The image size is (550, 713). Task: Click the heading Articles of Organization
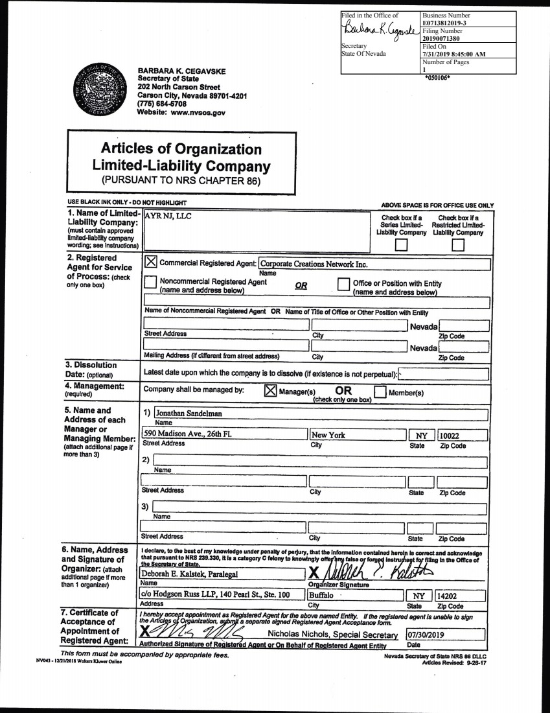click(x=181, y=150)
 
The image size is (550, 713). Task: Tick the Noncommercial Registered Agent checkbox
click(x=150, y=283)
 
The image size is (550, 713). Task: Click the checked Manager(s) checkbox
click(x=271, y=391)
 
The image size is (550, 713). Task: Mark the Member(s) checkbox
click(x=380, y=391)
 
